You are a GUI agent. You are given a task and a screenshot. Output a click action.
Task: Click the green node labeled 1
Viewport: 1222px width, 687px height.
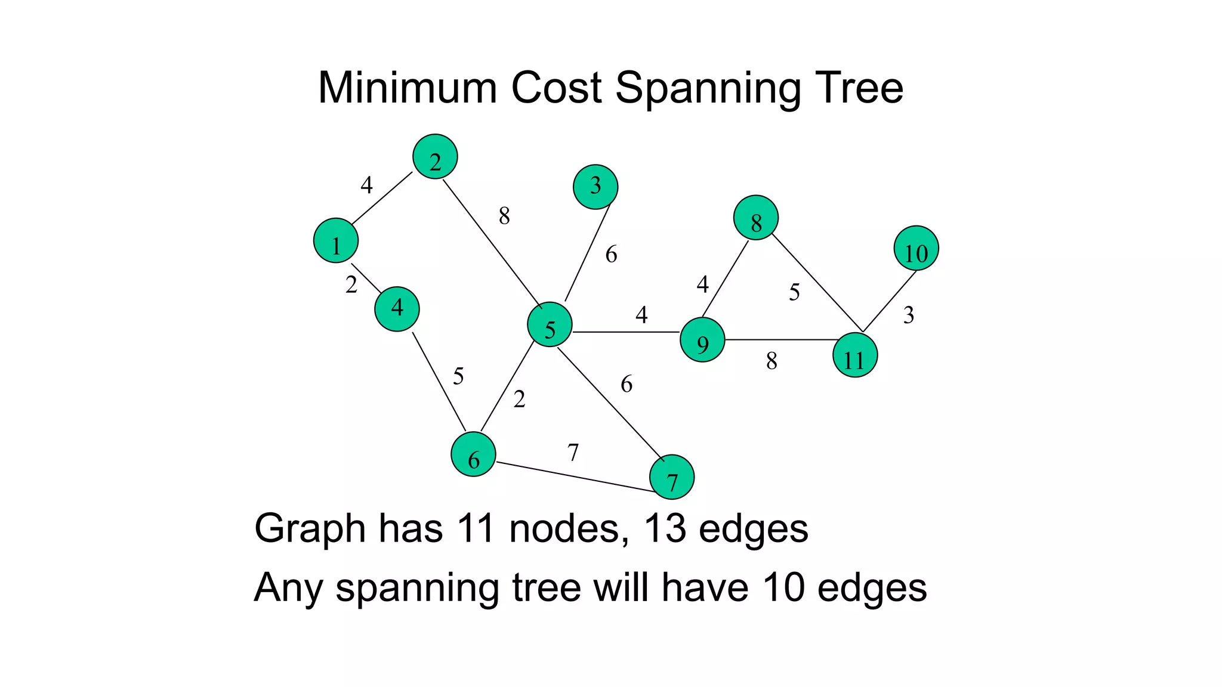[336, 240]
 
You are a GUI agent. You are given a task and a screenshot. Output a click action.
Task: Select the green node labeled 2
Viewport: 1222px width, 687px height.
[435, 156]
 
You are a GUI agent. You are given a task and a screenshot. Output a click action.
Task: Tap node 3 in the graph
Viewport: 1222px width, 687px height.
[595, 187]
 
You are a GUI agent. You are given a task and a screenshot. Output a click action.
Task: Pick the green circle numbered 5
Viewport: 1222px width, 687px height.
[550, 324]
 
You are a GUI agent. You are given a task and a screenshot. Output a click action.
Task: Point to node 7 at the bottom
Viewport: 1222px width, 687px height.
[672, 477]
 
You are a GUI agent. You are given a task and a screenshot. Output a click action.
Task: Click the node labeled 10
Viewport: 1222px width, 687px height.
[916, 248]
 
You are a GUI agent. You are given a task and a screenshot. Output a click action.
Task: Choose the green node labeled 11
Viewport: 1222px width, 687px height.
[855, 355]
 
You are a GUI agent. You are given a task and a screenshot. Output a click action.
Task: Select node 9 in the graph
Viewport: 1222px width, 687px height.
[702, 340]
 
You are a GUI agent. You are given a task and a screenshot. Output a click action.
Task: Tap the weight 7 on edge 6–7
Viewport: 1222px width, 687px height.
[573, 452]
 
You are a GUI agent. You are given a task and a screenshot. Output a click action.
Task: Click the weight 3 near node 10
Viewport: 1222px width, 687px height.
[908, 315]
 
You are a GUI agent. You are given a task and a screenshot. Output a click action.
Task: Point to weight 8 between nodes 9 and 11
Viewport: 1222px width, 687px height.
[772, 361]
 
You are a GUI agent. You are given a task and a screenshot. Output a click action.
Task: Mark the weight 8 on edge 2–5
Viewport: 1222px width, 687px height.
[504, 216]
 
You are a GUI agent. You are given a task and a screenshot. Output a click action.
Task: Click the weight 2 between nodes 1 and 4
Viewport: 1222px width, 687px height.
[351, 285]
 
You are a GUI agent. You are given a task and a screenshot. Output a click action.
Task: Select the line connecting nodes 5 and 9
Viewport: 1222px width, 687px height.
[627, 332]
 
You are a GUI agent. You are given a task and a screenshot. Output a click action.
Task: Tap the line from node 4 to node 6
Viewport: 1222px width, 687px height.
[439, 381]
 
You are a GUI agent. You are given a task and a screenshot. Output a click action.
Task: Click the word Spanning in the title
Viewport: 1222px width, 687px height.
[708, 88]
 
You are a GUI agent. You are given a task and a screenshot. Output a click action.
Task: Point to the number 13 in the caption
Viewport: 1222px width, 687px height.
[664, 528]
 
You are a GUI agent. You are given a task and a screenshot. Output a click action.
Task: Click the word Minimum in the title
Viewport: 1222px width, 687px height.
[408, 88]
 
